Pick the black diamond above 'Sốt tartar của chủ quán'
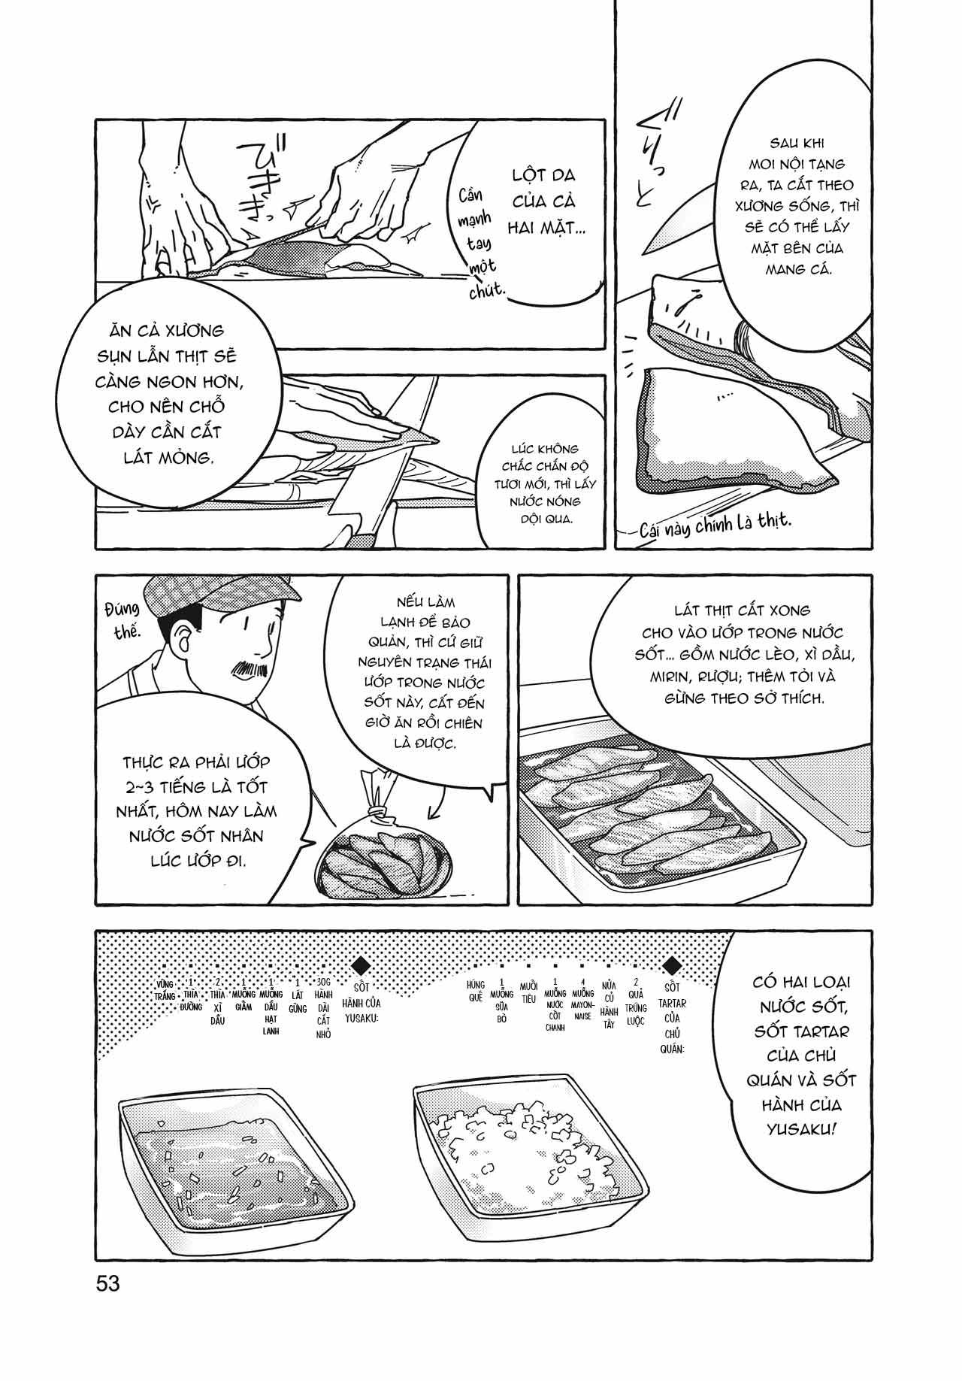(x=673, y=965)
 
